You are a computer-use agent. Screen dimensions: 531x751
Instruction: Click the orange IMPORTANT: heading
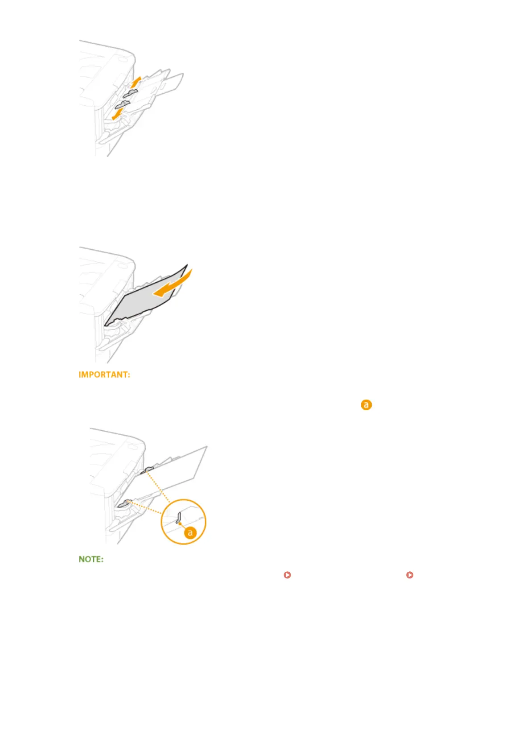coord(105,375)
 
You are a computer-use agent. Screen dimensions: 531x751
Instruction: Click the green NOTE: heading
coord(91,559)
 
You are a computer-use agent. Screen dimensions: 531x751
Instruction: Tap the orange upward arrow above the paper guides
coord(136,82)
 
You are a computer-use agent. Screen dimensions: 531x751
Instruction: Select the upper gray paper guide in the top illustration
coord(129,93)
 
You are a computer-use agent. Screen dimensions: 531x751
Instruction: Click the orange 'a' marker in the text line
coord(366,405)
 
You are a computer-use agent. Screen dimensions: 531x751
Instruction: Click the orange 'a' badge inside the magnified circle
coord(190,532)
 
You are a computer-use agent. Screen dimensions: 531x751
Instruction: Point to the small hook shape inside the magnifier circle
coord(178,517)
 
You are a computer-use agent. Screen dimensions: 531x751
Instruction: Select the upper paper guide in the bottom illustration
coord(148,470)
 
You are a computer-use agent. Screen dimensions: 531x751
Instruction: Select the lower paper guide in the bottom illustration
coord(123,503)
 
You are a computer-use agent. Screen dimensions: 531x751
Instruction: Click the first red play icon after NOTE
coord(288,575)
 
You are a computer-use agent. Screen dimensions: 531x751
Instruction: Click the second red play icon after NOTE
coord(410,575)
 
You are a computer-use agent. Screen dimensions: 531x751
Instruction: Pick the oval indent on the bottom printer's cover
coord(131,446)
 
